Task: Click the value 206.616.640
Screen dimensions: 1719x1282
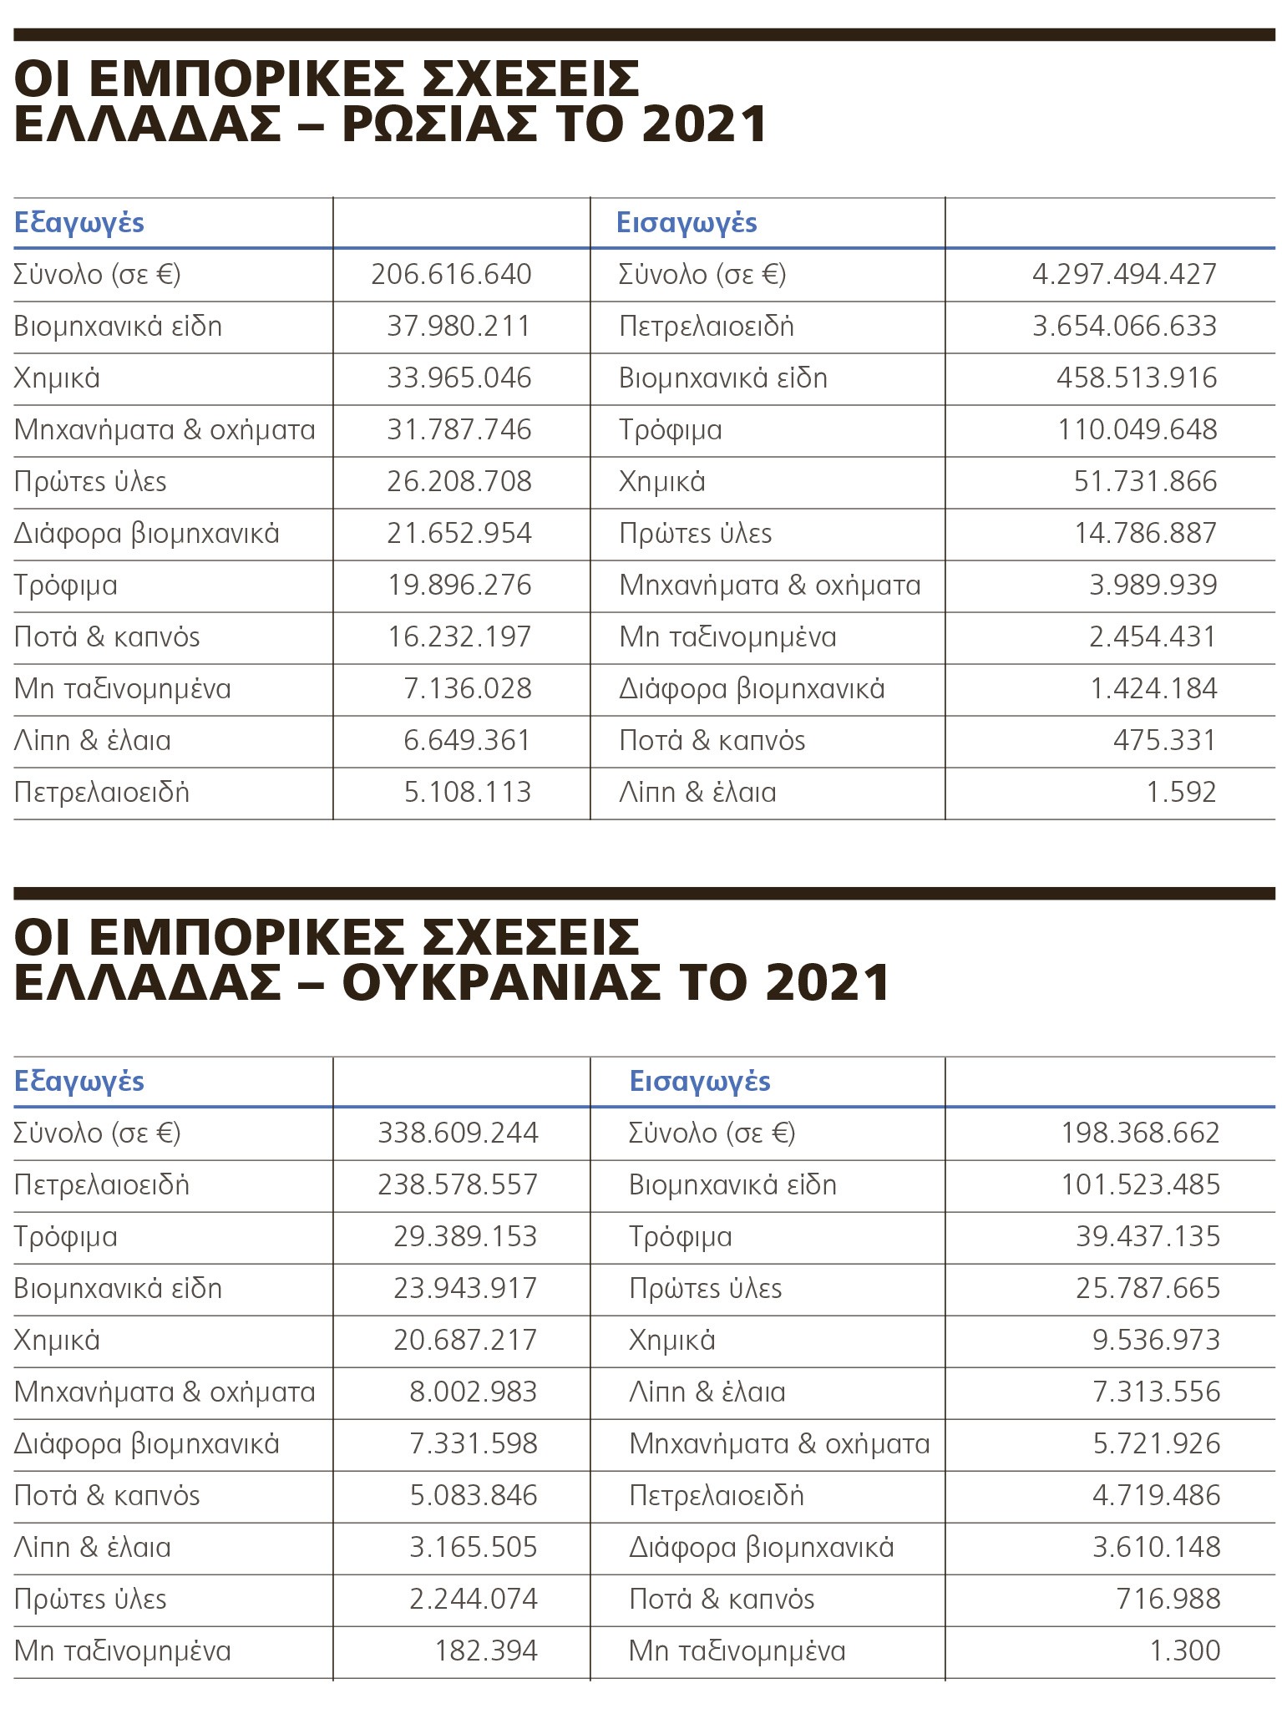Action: point(451,275)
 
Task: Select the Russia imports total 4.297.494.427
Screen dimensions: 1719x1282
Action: point(1124,275)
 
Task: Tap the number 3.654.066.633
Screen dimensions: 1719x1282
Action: point(1124,327)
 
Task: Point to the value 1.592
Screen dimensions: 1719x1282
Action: point(1181,793)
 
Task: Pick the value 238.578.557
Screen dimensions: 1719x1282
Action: point(458,1185)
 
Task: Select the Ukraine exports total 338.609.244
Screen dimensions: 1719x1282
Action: point(458,1133)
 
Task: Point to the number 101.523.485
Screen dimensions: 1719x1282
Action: point(1140,1185)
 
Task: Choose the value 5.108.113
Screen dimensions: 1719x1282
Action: point(468,793)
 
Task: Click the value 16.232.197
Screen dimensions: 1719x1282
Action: point(459,637)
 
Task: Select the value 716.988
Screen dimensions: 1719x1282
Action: point(1168,1600)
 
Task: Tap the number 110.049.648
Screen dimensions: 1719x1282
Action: point(1138,430)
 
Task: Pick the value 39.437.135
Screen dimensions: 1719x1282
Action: point(1148,1237)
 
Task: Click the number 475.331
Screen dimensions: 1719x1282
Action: point(1164,741)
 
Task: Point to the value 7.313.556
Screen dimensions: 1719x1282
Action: point(1156,1392)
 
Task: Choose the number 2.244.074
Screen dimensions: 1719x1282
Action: point(473,1600)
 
